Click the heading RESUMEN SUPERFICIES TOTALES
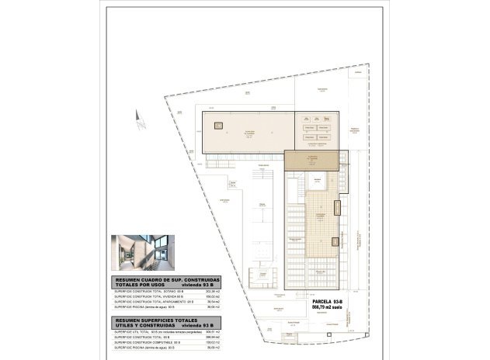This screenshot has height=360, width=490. pyautogui.click(x=156, y=319)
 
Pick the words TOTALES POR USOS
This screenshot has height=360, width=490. pyautogui.click(x=137, y=285)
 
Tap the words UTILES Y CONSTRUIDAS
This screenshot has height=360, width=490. pyautogui.click(x=142, y=324)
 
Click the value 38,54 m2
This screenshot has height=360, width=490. pyautogui.click(x=213, y=302)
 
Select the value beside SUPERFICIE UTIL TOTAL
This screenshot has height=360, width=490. pyautogui.click(x=213, y=331)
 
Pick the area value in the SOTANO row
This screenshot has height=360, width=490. pyautogui.click(x=213, y=291)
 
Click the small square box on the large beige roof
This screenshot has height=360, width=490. pyautogui.click(x=218, y=124)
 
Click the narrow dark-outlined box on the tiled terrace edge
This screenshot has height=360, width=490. pyautogui.click(x=337, y=208)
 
